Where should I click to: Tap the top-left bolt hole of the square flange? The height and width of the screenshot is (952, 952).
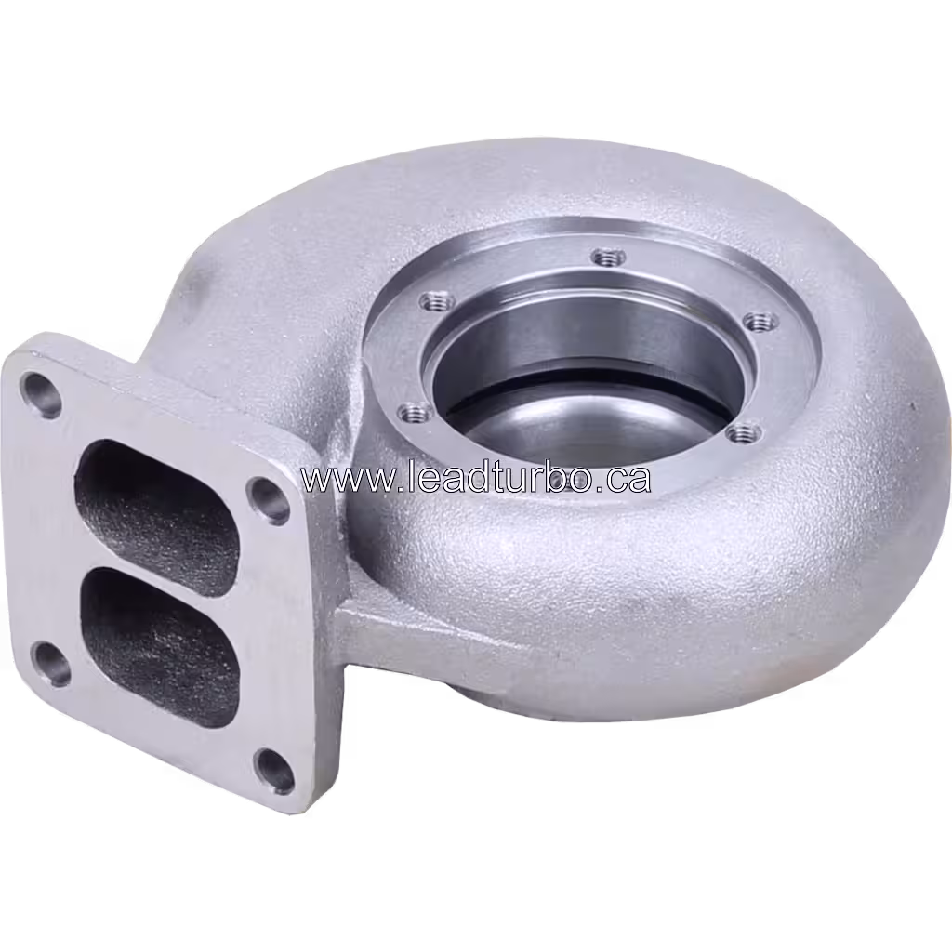click(x=41, y=394)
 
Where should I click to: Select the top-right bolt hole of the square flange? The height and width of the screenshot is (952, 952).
click(x=269, y=499)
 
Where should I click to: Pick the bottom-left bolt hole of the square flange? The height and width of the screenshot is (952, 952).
click(x=51, y=663)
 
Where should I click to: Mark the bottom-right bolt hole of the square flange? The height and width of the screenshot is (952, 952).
click(x=275, y=770)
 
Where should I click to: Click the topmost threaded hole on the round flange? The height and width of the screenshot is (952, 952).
click(x=607, y=256)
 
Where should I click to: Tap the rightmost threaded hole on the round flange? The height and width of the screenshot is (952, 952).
click(x=761, y=322)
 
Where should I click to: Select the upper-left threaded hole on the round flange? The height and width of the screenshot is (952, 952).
click(x=436, y=302)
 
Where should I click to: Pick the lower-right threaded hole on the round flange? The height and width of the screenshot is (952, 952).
click(x=743, y=432)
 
